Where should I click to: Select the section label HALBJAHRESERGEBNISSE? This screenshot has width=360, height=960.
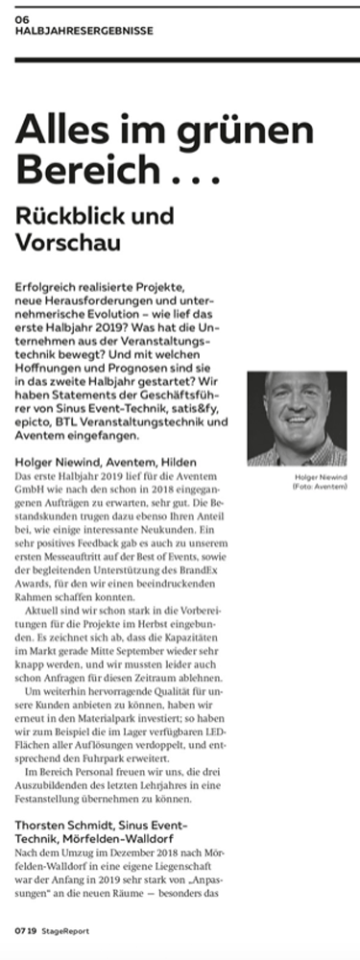[x=84, y=31]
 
